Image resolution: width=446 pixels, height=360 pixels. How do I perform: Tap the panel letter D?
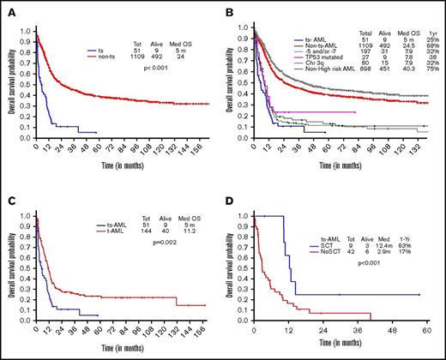tap(234, 189)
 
